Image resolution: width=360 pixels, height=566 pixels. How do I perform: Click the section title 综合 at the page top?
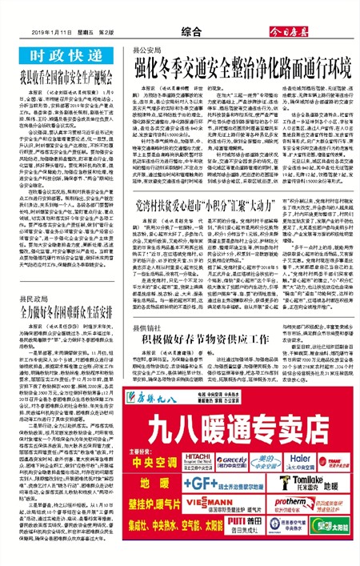[190, 33]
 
